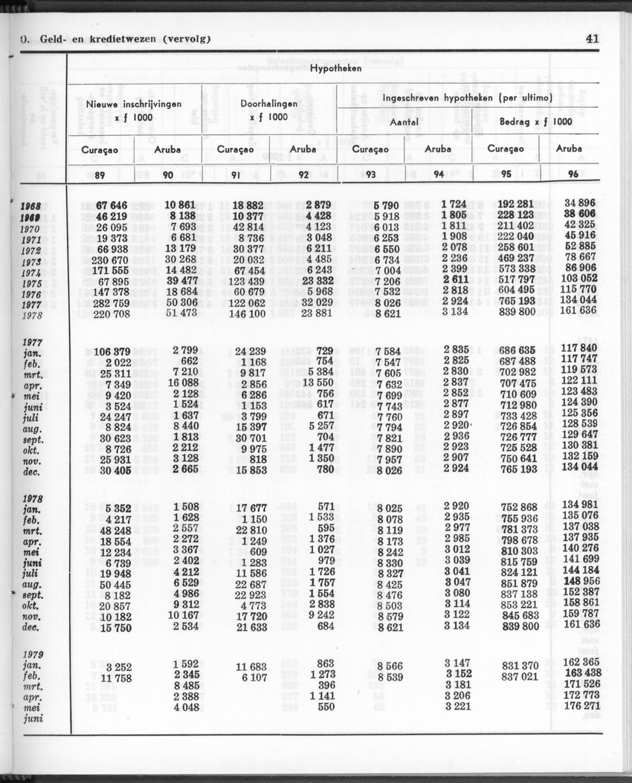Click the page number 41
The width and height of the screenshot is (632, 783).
click(593, 39)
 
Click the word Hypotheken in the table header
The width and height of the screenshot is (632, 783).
click(335, 68)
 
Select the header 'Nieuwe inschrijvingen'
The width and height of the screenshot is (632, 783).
click(133, 105)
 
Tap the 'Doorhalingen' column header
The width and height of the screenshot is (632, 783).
click(268, 104)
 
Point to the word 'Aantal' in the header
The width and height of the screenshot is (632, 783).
click(404, 121)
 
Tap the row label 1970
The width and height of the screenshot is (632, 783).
click(30, 230)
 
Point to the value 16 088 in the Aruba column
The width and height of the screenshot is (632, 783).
click(181, 383)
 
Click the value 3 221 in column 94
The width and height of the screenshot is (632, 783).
click(457, 706)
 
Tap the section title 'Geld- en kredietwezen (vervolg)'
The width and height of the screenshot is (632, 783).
click(119, 39)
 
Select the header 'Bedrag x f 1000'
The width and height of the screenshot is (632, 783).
click(535, 121)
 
